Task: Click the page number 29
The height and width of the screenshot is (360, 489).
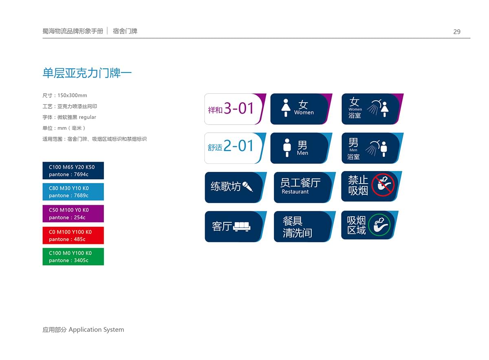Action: pos(457,32)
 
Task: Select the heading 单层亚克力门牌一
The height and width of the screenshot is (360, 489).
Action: pos(87,73)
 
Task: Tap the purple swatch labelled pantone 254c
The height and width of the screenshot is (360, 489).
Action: pos(73,214)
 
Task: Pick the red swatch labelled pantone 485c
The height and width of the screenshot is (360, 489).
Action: pos(73,235)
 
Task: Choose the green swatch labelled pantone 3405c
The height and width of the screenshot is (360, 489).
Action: pos(73,257)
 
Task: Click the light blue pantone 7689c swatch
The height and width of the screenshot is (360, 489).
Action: pos(73,192)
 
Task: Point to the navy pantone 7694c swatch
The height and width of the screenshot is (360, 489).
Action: pos(73,171)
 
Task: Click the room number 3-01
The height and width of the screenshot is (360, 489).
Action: pos(239,108)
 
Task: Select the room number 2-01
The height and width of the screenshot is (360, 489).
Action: pos(238,145)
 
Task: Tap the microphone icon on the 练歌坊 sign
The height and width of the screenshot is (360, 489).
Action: pos(248,187)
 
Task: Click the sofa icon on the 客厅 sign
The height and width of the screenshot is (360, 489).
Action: pos(242,226)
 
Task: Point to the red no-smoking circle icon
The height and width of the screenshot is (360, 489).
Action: pos(383,185)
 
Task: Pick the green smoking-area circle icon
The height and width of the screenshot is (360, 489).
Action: pos(379,225)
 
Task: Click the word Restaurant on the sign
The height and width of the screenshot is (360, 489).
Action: pos(295,192)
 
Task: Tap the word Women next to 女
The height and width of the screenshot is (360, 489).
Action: pos(304,112)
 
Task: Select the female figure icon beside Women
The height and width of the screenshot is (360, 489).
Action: pos(286,108)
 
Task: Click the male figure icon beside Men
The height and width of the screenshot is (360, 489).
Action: pos(287,148)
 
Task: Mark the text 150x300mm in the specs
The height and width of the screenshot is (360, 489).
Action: pos(72,96)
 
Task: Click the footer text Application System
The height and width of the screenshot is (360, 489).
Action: pos(96,330)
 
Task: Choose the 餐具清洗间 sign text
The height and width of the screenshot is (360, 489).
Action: pos(297,227)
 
